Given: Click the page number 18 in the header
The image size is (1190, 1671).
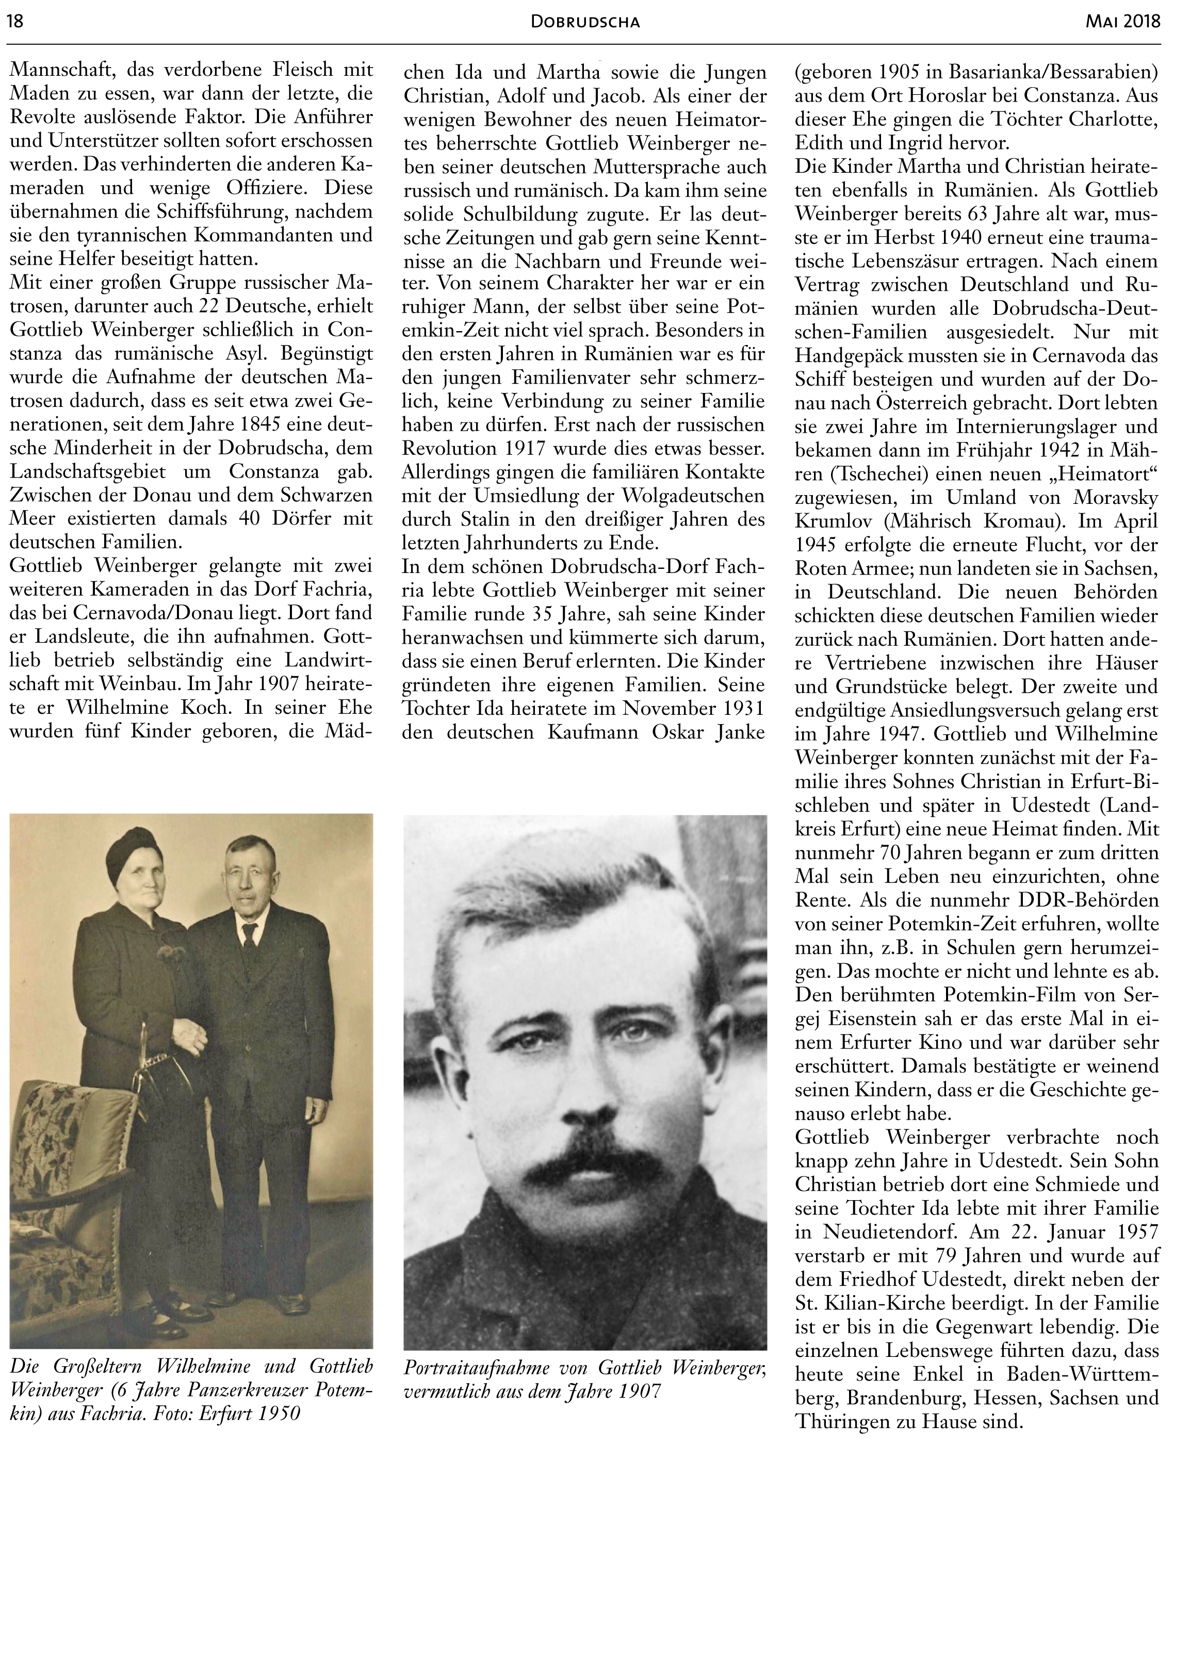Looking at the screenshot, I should point(14,21).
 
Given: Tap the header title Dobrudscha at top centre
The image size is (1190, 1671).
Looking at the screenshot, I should point(585,23).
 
